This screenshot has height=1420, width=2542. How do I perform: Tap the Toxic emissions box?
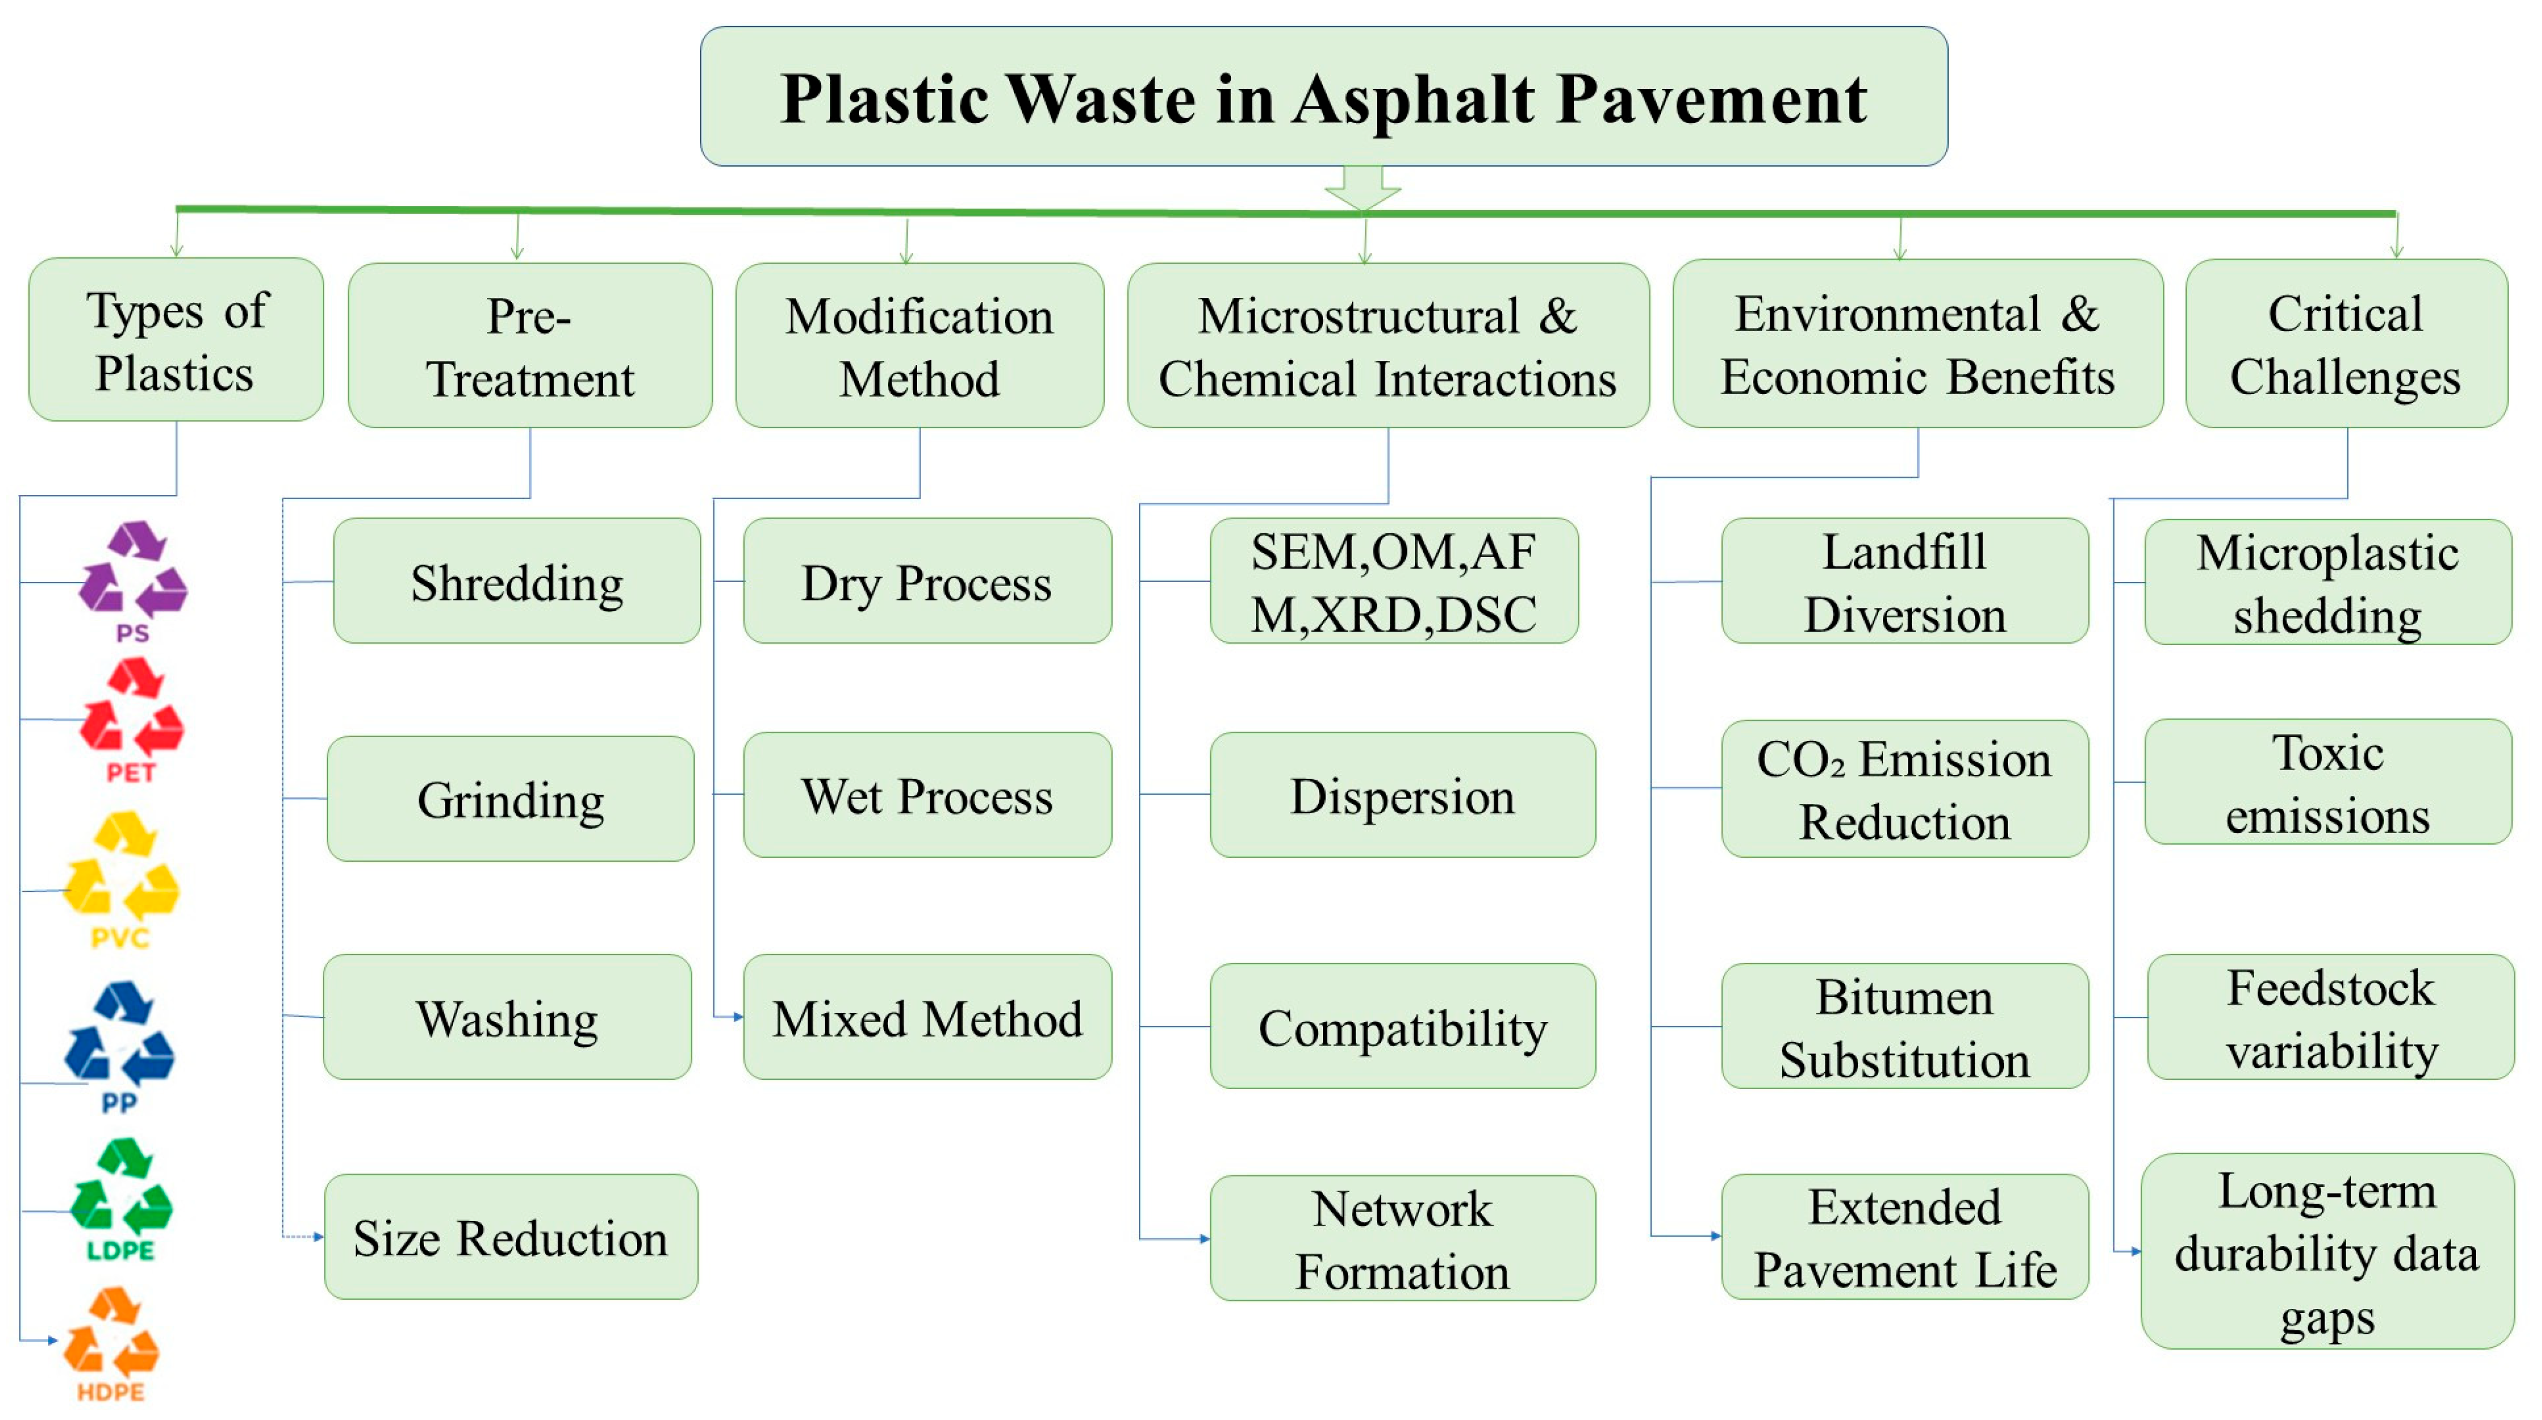(2328, 783)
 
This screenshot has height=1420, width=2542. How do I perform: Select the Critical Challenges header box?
(2346, 344)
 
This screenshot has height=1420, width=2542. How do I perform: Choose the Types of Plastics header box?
(176, 341)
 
